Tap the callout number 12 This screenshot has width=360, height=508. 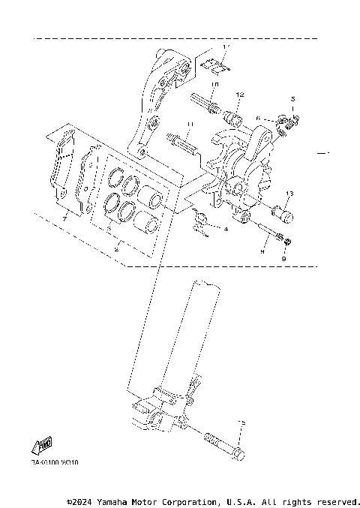[x=240, y=95]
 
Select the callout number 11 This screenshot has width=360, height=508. [x=190, y=124]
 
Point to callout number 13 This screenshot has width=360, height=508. [x=289, y=194]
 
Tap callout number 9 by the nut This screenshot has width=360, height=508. [x=284, y=259]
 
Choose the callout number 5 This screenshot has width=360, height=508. [x=293, y=98]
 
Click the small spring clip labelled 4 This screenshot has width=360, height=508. [x=201, y=223]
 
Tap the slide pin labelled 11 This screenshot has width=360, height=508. [x=184, y=140]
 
